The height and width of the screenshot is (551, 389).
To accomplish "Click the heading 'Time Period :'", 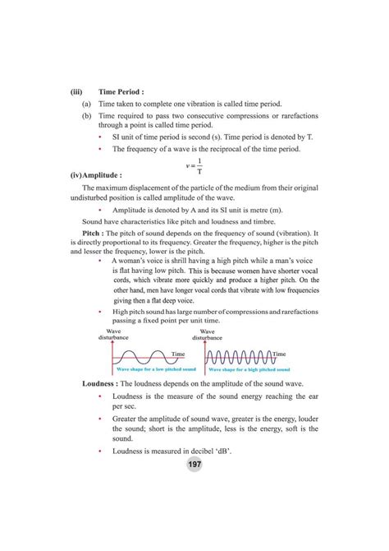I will [x=123, y=92].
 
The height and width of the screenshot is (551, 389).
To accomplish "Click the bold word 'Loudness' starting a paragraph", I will [x=103, y=385].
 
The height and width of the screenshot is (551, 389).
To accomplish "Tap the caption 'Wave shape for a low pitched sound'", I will [x=149, y=372].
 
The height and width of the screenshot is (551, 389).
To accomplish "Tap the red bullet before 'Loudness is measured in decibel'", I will [x=99, y=451].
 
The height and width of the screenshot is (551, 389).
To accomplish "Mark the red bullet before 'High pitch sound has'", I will [x=99, y=313].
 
